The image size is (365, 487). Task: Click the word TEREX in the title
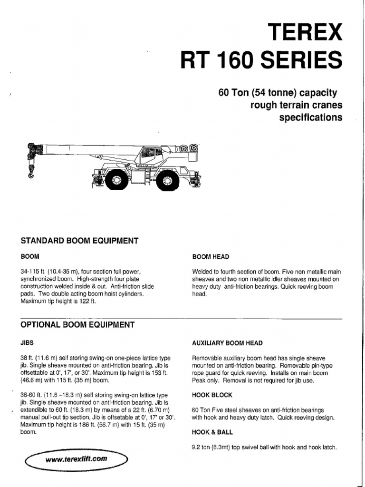pyautogui.click(x=306, y=32)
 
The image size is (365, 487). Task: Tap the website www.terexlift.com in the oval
pyautogui.click(x=77, y=459)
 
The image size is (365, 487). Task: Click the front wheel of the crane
pyautogui.click(x=116, y=180)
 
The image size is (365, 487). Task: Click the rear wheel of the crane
pyautogui.click(x=167, y=180)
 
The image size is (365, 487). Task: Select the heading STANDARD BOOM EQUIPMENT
pyautogui.click(x=79, y=241)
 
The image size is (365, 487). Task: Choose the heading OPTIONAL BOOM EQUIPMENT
pyautogui.click(x=77, y=325)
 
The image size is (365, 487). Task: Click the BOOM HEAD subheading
pyautogui.click(x=211, y=257)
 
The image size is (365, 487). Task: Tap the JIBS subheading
pyautogui.click(x=27, y=342)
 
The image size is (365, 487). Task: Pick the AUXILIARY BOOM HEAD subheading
pyautogui.click(x=227, y=342)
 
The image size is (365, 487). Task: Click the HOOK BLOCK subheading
pyautogui.click(x=212, y=395)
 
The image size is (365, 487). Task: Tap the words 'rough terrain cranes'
pyautogui.click(x=296, y=104)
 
